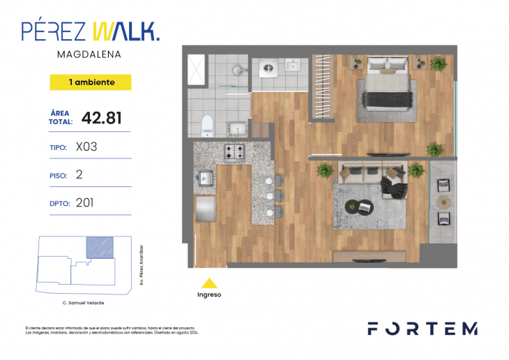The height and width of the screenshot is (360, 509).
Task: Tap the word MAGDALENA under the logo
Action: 91,54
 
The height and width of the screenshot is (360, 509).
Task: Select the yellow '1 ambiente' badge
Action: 91,82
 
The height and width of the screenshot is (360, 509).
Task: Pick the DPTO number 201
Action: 84,203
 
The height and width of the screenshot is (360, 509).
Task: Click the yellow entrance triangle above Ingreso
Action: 209,283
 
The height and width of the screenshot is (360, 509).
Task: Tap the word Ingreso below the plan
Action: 209,295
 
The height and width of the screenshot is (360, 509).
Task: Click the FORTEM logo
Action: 423,329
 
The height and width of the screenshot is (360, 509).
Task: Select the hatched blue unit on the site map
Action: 99,248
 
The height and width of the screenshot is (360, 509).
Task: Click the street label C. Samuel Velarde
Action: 84,303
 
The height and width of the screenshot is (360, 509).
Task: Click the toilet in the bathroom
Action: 207,126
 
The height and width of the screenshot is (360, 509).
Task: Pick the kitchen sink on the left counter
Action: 205,177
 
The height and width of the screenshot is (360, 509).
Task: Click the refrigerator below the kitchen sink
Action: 205,209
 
